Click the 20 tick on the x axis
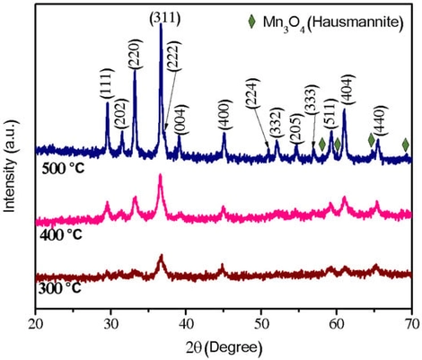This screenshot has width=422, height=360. click(35, 322)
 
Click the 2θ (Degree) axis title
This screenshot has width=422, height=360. click(224, 345)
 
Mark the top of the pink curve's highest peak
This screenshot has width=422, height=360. click(161, 176)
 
